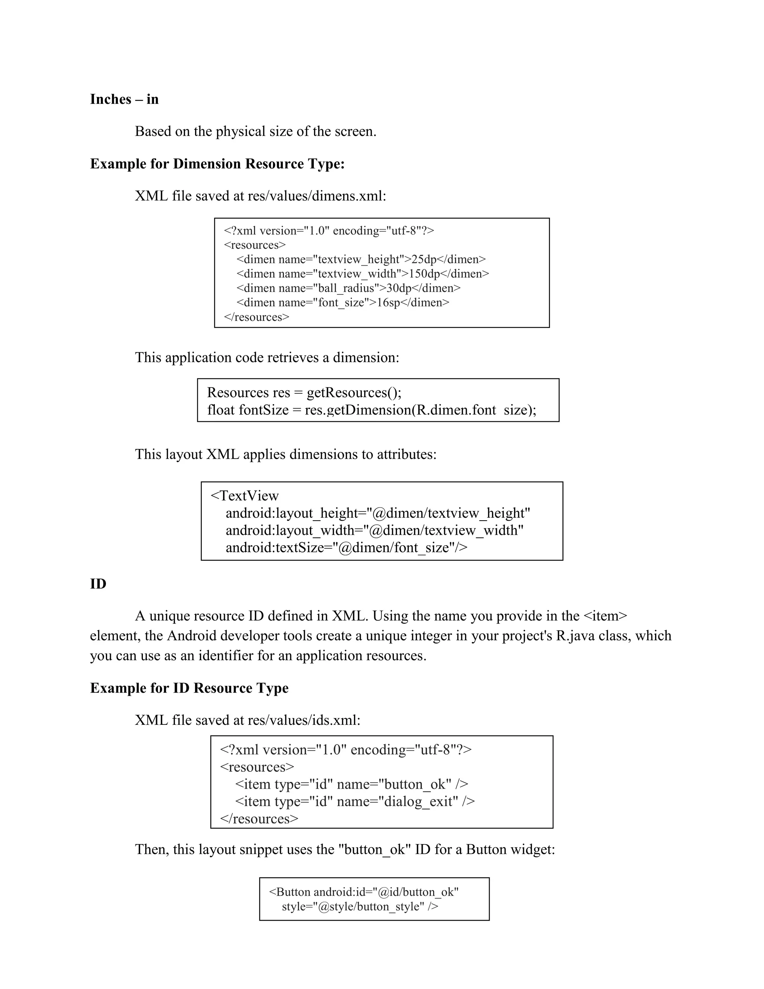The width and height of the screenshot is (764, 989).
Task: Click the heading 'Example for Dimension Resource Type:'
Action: point(217,164)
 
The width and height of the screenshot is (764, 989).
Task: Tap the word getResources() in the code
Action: point(354,392)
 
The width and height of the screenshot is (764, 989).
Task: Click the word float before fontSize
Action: point(221,410)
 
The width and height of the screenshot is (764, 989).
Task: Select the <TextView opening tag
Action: point(244,496)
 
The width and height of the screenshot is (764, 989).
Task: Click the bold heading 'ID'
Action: point(98,584)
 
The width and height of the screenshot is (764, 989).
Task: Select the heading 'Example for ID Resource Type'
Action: point(189,688)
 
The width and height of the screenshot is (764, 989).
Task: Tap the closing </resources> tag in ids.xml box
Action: point(259,819)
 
